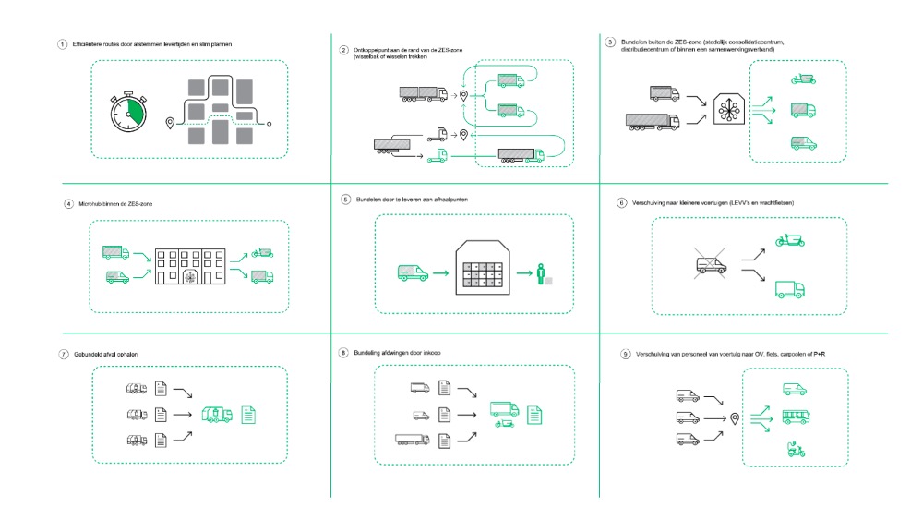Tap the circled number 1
(62, 44)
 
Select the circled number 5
(345, 199)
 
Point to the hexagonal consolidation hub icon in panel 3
(729, 111)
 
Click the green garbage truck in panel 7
(217, 414)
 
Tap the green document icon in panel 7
(248, 415)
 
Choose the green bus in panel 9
(796, 417)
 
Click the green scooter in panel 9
(794, 450)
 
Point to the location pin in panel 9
(735, 418)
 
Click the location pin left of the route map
(169, 123)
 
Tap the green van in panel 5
(411, 273)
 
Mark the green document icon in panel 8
(533, 415)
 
